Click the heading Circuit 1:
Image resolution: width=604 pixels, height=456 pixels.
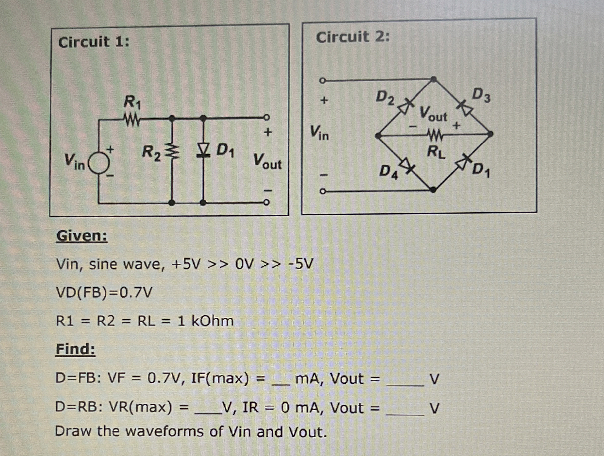pyautogui.click(x=94, y=42)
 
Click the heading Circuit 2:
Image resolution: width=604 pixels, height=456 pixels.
pyautogui.click(x=352, y=37)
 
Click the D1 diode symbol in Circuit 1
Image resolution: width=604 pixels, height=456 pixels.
pyautogui.click(x=203, y=150)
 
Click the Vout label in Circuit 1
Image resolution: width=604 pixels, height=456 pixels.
pyautogui.click(x=267, y=161)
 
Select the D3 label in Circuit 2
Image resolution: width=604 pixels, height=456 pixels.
pyautogui.click(x=481, y=95)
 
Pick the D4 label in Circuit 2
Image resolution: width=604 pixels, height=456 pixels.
pyautogui.click(x=388, y=172)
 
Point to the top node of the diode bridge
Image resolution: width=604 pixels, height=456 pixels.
pyautogui.click(x=433, y=79)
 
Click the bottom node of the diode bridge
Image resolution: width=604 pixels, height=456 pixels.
pyautogui.click(x=433, y=190)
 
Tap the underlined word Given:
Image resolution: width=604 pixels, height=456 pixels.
pyautogui.click(x=82, y=236)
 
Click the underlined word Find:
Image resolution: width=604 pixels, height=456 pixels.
pyautogui.click(x=75, y=349)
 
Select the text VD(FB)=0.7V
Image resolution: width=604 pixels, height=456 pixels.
pyautogui.click(x=104, y=292)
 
